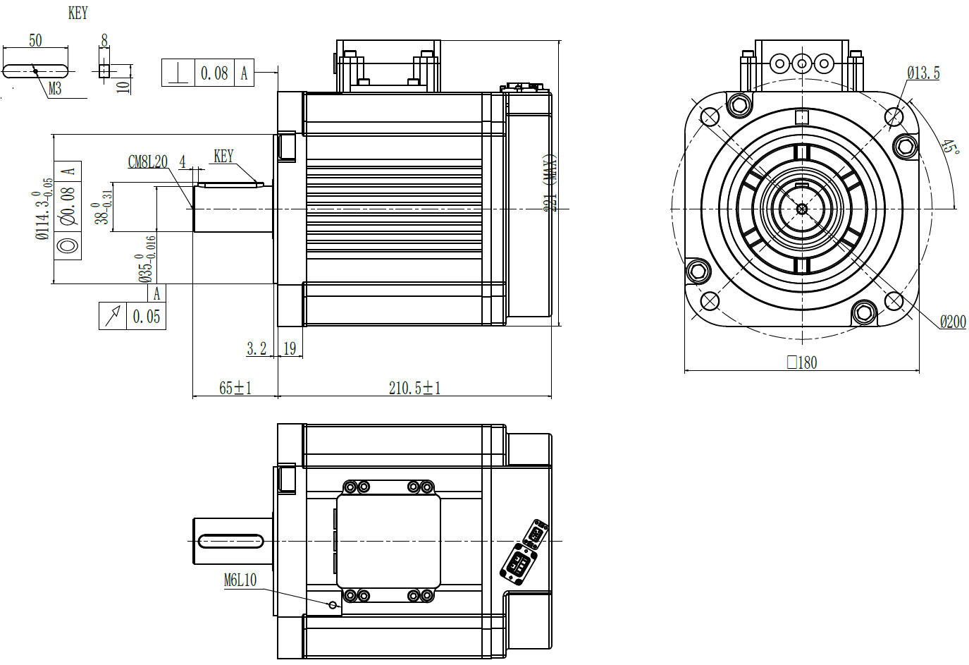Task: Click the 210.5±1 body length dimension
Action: [x=414, y=388]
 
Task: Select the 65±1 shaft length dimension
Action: [x=235, y=388]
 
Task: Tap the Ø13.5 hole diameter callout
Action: [x=923, y=73]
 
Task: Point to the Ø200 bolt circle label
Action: [x=953, y=322]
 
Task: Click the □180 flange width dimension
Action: [x=802, y=362]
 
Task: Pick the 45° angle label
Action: [x=950, y=147]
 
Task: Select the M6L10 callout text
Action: [x=240, y=580]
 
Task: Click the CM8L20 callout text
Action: [x=147, y=162]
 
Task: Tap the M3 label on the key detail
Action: [x=55, y=88]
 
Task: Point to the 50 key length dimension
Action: [x=35, y=41]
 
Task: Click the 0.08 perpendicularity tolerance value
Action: [x=214, y=73]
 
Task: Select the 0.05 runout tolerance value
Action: [x=147, y=317]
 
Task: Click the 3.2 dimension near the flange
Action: [x=257, y=348]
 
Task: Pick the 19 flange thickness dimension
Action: [x=290, y=348]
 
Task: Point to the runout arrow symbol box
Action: [x=113, y=316]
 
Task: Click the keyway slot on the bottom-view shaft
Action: [x=230, y=541]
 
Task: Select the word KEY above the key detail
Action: [x=78, y=13]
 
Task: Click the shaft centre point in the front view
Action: [x=801, y=208]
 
